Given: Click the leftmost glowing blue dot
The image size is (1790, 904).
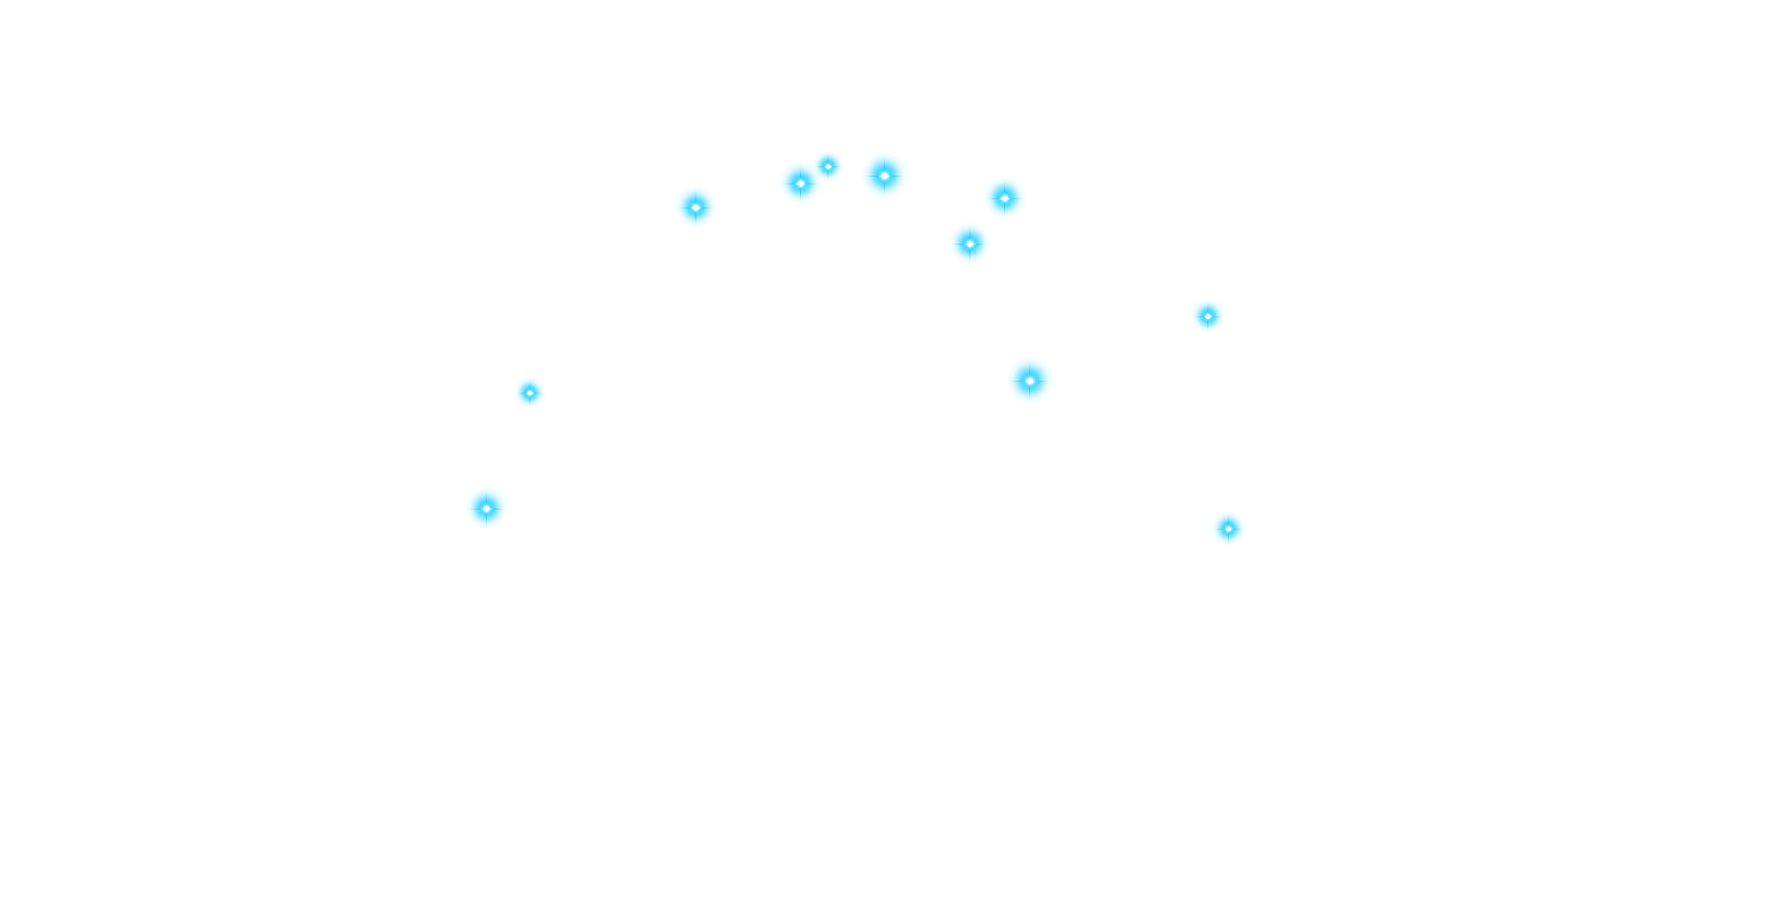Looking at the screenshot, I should tap(487, 508).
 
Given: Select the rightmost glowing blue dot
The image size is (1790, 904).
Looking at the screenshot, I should tap(1228, 528).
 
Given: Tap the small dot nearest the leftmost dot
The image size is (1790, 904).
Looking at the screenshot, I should tap(530, 392).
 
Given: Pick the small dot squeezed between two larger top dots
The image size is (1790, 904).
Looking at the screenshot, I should tap(828, 166).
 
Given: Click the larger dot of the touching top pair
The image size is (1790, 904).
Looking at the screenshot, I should tap(800, 183).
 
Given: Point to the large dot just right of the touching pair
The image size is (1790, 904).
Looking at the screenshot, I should tap(884, 175).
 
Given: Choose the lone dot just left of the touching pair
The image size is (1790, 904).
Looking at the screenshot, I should tap(695, 207).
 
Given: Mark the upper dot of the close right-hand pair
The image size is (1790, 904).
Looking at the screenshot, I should tap(1004, 198).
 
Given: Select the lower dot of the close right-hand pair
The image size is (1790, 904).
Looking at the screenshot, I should tap(970, 243).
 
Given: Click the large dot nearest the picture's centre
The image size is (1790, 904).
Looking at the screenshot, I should tap(1030, 380).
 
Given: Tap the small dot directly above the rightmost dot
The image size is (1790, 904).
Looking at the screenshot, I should tap(1207, 316).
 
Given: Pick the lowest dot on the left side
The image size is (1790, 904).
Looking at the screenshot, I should tap(487, 508).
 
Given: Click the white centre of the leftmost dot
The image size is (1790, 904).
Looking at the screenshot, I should tap(487, 508).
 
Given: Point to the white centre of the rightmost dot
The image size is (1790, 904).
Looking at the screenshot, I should tap(1228, 528).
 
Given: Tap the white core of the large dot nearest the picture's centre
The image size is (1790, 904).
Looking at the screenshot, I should tap(1030, 380).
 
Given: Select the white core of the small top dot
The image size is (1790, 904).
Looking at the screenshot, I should tap(828, 166).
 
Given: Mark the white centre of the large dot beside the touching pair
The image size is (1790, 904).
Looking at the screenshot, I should tap(884, 175).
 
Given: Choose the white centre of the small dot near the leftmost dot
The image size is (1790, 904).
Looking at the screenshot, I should tap(530, 392).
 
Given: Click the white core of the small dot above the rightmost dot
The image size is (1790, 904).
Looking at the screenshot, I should tap(1207, 316).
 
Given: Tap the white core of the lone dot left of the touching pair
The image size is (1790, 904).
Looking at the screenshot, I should tap(695, 207).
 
